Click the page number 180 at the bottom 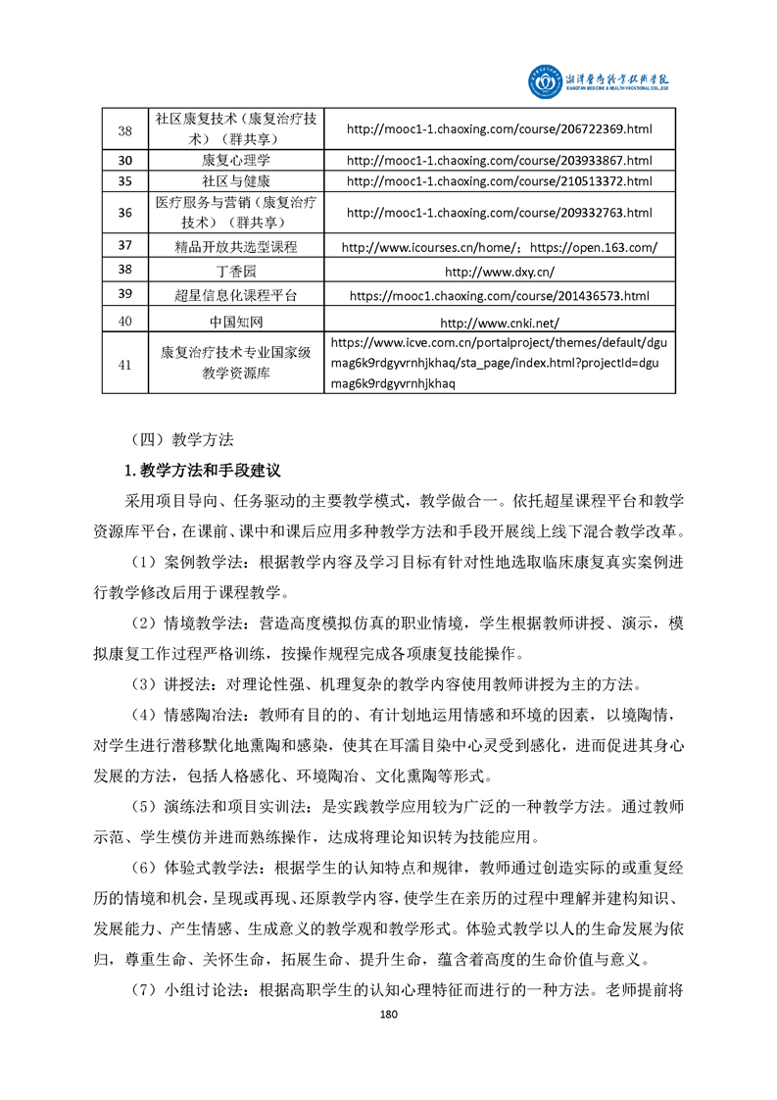(x=388, y=1042)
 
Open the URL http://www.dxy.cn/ (x=499, y=271)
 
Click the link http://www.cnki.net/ (x=499, y=321)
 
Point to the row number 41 (x=124, y=364)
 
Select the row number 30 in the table (x=124, y=160)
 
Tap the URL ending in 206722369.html (x=499, y=128)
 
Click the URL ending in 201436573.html (x=499, y=295)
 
